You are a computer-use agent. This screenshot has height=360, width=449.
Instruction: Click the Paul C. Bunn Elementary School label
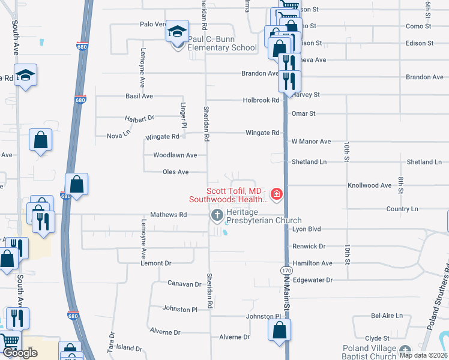(x=222, y=44)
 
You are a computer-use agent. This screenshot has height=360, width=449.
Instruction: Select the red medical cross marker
(x=276, y=193)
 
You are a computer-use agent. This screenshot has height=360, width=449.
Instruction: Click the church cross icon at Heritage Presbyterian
(x=216, y=214)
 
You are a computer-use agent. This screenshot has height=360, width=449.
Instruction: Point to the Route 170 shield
(x=283, y=271)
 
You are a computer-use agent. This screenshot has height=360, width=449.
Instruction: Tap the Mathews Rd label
(x=169, y=214)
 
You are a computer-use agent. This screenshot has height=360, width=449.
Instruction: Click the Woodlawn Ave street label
(x=175, y=155)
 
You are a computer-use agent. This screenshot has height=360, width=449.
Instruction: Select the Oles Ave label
(x=176, y=172)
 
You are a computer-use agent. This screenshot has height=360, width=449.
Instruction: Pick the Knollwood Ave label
(x=369, y=186)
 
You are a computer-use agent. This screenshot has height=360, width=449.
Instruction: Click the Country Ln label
(x=402, y=209)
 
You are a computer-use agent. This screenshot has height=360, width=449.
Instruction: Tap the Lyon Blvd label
(x=307, y=229)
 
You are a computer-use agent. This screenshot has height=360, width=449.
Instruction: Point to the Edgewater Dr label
(x=312, y=280)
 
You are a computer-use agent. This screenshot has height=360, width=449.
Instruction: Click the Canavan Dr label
(x=184, y=284)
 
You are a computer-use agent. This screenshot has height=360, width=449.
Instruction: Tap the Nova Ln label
(x=118, y=135)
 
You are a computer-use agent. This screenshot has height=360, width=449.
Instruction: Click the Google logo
(x=19, y=352)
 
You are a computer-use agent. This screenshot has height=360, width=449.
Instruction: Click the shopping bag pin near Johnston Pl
(x=279, y=331)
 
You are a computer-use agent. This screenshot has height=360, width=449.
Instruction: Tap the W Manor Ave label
(x=311, y=142)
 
